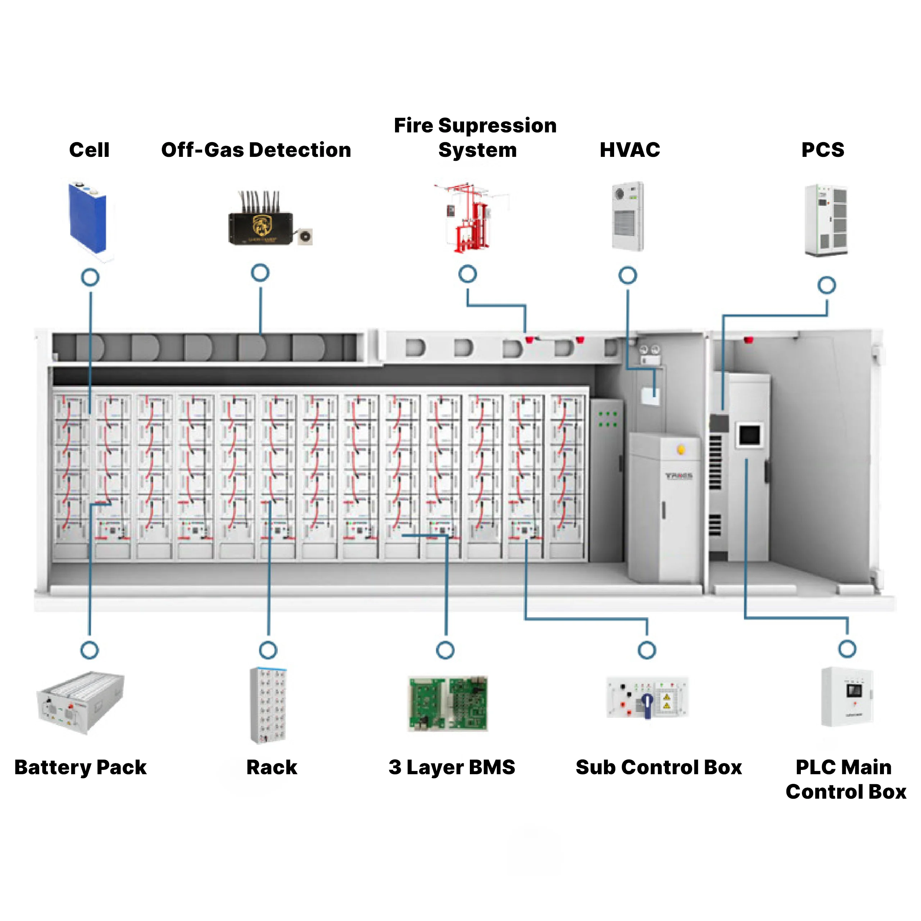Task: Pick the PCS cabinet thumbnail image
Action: click(x=826, y=220)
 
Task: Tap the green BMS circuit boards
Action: click(x=448, y=703)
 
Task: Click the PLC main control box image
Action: click(x=847, y=697)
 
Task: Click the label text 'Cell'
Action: click(x=89, y=150)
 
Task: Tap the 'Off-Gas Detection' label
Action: click(x=256, y=150)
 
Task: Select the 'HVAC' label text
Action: click(x=630, y=150)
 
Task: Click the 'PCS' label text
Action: click(x=823, y=150)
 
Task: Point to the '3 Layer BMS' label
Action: click(x=452, y=767)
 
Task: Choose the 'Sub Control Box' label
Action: click(x=659, y=767)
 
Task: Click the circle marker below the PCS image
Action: click(x=827, y=285)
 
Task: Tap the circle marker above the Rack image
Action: click(x=268, y=650)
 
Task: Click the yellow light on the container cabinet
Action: click(x=681, y=449)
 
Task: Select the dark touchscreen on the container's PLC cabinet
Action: click(x=749, y=435)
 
